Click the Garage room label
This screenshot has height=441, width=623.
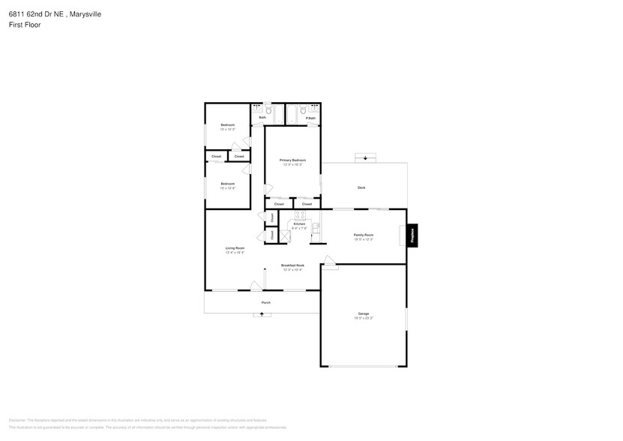point(364,313)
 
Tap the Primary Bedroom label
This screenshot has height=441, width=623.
point(292,160)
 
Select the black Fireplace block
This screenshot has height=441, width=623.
point(412,235)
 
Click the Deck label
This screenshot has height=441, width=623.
point(361,187)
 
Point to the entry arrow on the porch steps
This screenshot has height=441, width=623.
point(262,315)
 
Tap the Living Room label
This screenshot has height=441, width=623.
point(235,247)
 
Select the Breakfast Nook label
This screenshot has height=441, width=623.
point(292,265)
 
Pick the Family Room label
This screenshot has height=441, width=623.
point(364,235)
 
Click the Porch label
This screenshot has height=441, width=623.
point(265,302)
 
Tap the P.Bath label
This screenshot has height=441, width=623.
point(310,118)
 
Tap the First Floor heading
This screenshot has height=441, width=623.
point(25,25)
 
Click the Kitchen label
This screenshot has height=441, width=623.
point(299,223)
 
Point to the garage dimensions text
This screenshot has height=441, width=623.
point(364,318)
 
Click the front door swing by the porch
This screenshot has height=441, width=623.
point(256,284)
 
